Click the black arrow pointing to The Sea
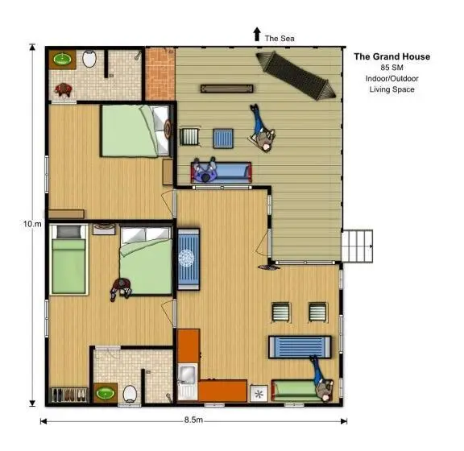coord(257,34)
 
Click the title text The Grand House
coord(391,56)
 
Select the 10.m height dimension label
coord(32,224)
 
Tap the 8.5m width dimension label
coord(193,420)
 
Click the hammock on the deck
coord(296,76)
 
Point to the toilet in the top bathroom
coord(89,58)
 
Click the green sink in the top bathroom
coord(63,59)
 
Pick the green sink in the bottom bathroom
coord(106,393)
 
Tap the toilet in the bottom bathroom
coord(130,394)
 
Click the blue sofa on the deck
coord(222,172)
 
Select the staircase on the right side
coord(357,246)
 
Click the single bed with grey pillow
coord(68,260)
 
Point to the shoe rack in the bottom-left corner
coord(69,395)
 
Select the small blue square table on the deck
coord(223,139)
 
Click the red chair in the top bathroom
coord(64,89)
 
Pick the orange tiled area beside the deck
coord(159,74)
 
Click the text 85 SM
coord(391,68)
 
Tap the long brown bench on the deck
coord(226,89)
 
